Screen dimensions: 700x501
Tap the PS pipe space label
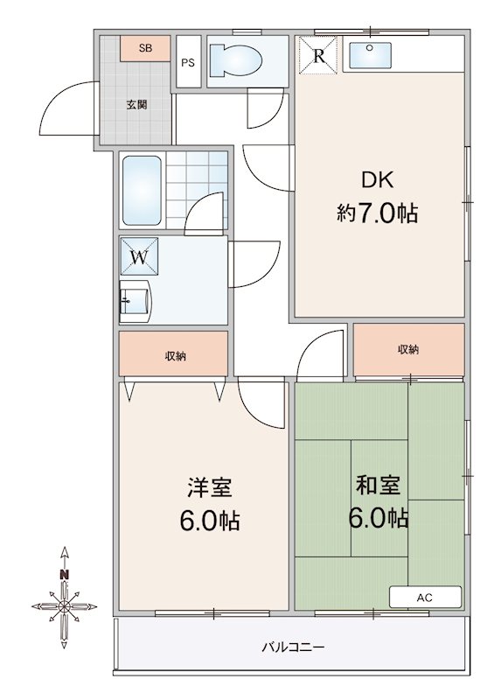point(188,62)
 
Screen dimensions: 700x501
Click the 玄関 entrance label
point(136,105)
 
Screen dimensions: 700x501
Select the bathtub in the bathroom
point(141,190)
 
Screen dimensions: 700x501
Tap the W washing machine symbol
point(140,257)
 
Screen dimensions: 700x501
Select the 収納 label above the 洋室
point(175,355)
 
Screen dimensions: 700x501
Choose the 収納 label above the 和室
point(408,349)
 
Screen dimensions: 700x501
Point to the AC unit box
point(425,598)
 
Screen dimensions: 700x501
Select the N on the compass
point(64,575)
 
